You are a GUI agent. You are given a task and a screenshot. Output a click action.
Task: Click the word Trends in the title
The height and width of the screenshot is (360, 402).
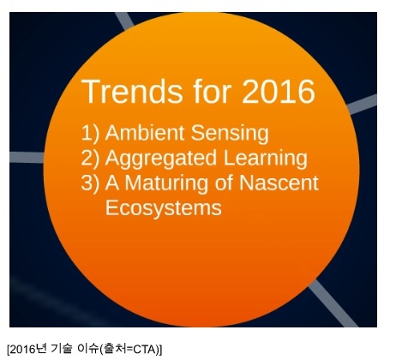pyautogui.click(x=132, y=92)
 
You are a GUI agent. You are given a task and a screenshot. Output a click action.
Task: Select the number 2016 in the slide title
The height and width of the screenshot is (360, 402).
pyautogui.click(x=279, y=92)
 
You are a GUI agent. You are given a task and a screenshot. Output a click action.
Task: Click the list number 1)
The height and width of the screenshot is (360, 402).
pyautogui.click(x=91, y=133)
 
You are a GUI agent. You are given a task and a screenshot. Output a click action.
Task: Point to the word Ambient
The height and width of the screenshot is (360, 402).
pyautogui.click(x=145, y=132)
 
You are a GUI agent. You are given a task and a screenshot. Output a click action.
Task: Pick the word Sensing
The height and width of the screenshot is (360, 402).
pyautogui.click(x=230, y=134)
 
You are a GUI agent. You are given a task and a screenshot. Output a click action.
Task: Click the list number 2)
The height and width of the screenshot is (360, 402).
pyautogui.click(x=91, y=158)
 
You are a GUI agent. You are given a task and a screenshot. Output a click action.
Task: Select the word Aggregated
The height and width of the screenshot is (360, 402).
pyautogui.click(x=161, y=159)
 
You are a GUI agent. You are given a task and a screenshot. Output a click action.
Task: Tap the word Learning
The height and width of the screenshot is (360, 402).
pyautogui.click(x=266, y=159)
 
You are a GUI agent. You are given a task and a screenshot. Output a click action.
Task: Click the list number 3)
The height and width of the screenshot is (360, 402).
pyautogui.click(x=91, y=183)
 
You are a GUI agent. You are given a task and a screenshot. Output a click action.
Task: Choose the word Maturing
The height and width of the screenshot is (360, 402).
pyautogui.click(x=166, y=183)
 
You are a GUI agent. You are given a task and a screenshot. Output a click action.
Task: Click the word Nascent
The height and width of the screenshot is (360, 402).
pyautogui.click(x=279, y=183)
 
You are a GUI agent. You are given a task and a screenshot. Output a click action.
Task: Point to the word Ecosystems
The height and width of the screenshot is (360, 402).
pyautogui.click(x=164, y=207)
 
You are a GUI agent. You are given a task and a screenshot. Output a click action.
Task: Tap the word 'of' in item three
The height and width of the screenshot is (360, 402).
pyautogui.click(x=224, y=182)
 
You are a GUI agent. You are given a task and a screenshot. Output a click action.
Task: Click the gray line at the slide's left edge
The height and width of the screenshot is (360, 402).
pyautogui.click(x=27, y=158)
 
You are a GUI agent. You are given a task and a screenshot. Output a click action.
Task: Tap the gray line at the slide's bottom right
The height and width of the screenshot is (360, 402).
pyautogui.click(x=333, y=303)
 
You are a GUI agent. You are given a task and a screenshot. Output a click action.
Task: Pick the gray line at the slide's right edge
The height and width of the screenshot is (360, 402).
pyautogui.click(x=362, y=105)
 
